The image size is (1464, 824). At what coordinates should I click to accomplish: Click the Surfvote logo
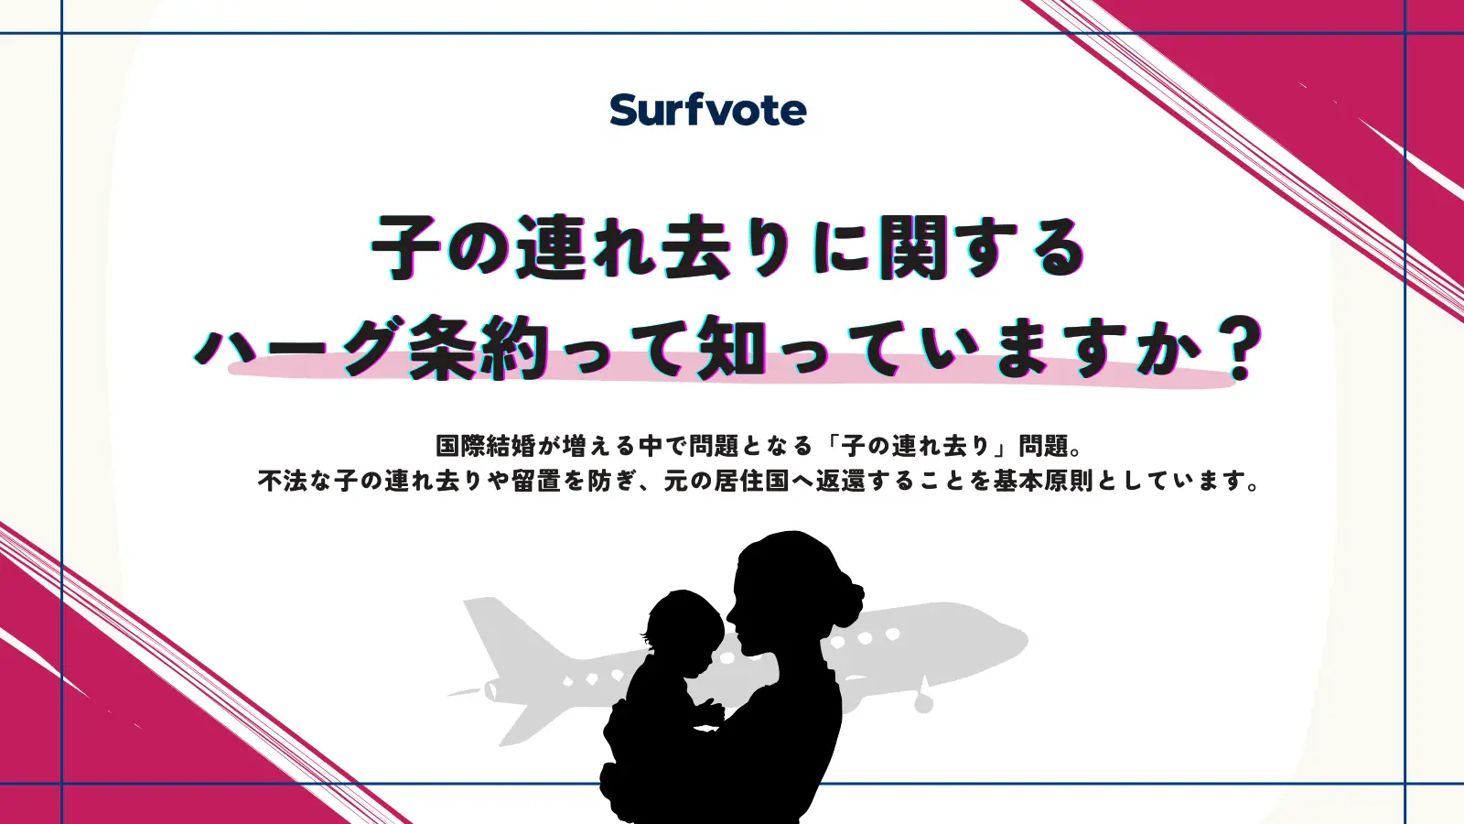707,110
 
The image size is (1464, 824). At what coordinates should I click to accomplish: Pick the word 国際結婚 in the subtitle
485,446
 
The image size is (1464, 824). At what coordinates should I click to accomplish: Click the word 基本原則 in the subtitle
1043,481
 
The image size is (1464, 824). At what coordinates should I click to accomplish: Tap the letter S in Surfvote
626,110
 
